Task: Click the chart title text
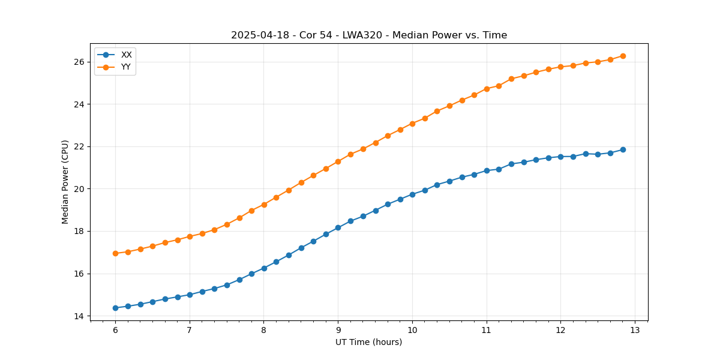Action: [369, 35]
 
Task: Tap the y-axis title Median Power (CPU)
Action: [65, 182]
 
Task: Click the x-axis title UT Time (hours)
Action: [369, 342]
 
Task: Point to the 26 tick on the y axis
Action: [80, 62]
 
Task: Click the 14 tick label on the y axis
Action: [80, 316]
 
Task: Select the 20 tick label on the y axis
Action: [80, 189]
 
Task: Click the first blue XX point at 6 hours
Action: [115, 308]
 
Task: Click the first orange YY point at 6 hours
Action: [115, 253]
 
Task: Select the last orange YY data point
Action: [623, 56]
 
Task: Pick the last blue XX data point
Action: [623, 149]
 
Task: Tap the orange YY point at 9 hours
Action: [338, 161]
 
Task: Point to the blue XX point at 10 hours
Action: [412, 194]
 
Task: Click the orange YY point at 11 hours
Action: [487, 89]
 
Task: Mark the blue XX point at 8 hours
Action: [264, 268]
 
